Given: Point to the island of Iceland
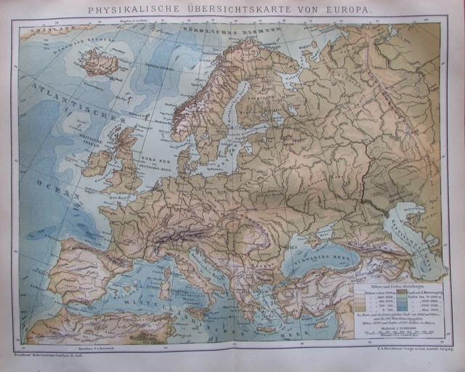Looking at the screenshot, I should click(100, 64).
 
